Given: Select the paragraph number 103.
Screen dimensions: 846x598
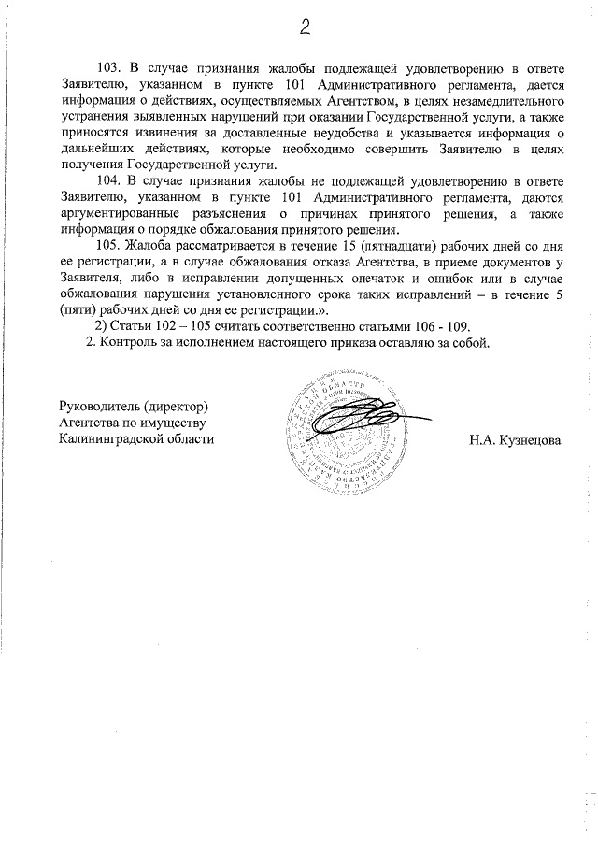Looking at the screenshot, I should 109,69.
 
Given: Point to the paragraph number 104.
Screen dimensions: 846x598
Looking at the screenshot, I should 109,180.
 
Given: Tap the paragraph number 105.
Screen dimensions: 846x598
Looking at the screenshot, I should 109,246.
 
